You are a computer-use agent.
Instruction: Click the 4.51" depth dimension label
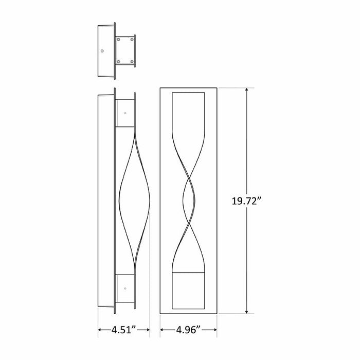123,330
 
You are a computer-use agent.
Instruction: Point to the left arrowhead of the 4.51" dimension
100,330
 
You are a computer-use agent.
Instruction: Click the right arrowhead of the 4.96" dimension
219,330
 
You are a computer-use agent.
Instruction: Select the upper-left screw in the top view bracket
119,39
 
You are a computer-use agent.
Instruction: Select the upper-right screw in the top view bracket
133,39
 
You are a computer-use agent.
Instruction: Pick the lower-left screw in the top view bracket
119,62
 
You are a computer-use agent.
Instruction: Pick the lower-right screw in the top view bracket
133,62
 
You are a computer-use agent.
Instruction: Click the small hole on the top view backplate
103,50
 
